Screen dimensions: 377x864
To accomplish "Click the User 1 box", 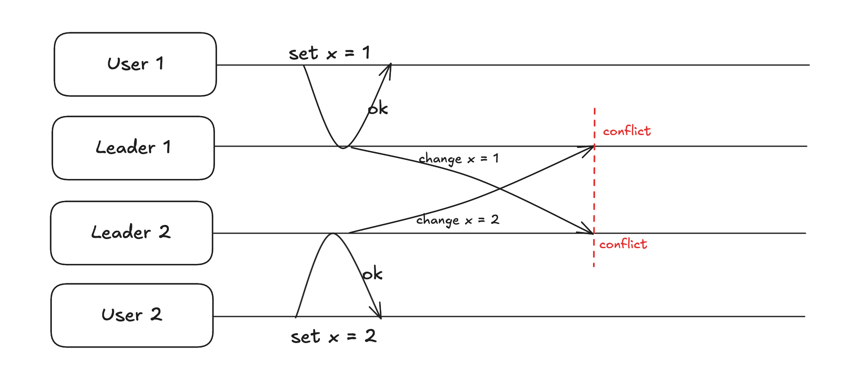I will tap(135, 64).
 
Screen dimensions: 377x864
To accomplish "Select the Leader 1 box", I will tap(133, 148).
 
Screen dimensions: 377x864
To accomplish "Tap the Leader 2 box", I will tap(132, 233).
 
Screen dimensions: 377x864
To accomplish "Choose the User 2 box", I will tap(132, 315).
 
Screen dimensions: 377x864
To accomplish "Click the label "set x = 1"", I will tap(329, 53).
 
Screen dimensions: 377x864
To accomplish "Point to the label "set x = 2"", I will tap(333, 336).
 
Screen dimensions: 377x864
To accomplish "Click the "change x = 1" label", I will tap(458, 159).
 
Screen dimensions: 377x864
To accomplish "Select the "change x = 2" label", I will tap(457, 220).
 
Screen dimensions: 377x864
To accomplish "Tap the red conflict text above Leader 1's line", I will tap(627, 131).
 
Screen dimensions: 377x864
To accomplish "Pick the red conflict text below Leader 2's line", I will tap(623, 244).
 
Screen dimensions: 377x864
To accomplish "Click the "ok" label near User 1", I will tap(378, 109).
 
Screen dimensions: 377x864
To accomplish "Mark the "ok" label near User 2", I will tap(372, 274).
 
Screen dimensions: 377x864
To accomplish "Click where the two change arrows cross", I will tap(500, 189).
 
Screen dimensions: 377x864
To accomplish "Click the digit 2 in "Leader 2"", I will tap(164, 232).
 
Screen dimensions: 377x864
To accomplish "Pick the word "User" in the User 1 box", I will tap(127, 64).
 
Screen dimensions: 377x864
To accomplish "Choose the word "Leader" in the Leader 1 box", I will tap(125, 148).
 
